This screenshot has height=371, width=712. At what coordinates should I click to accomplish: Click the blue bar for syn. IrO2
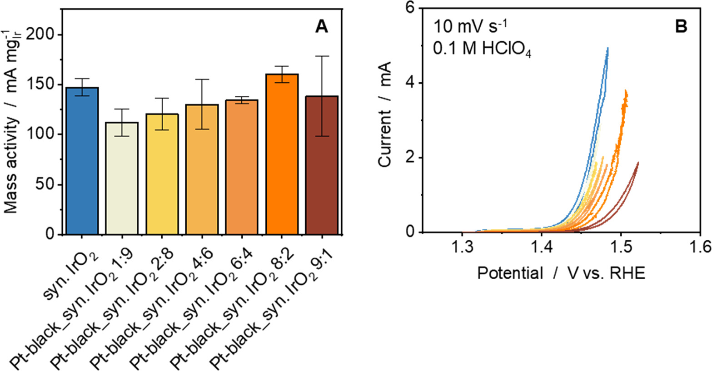[82, 161]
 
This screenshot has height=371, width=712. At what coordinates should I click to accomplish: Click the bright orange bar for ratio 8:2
[281, 154]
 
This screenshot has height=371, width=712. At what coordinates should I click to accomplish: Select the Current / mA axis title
[384, 120]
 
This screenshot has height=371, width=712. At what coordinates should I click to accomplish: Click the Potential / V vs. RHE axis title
[561, 273]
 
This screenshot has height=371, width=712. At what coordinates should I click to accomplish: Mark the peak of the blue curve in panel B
[607, 48]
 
